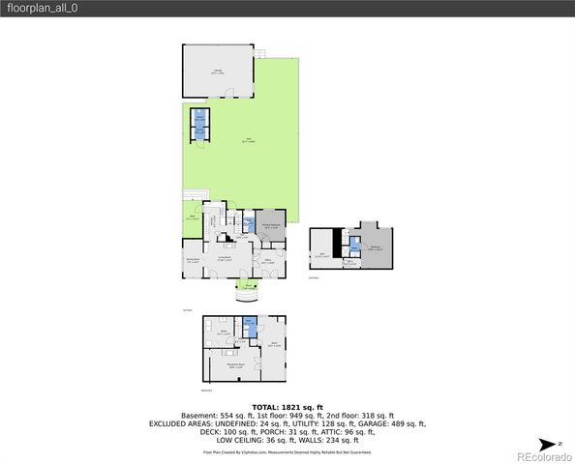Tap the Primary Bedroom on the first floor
(270, 225)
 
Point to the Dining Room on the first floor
(193, 259)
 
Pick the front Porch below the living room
(249, 286)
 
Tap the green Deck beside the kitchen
(193, 217)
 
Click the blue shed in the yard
(198, 124)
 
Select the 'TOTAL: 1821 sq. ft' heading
(287, 408)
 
